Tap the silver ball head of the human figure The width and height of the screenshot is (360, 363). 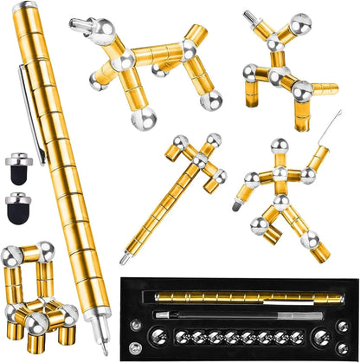coord(280,146)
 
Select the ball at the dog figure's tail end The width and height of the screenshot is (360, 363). coord(211,100)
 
